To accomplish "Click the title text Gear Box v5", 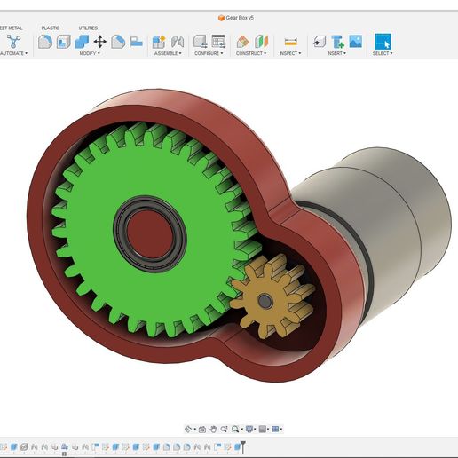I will pos(241,17).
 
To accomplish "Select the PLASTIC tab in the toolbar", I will pos(51,28).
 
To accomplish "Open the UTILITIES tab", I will pos(89,28).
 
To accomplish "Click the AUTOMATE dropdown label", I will pos(12,53).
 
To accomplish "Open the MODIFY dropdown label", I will pos(89,53).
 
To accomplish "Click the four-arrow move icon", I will pos(99,41).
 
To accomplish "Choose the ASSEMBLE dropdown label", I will pos(167,53).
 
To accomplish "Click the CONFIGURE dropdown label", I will pos(209,53).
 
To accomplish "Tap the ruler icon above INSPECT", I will pos(290,41).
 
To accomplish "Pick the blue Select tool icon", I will pos(382,41).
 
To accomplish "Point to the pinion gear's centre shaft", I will pos(264,301).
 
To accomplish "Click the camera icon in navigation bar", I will pos(202,429).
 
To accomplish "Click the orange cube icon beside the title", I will pos(221,17).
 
